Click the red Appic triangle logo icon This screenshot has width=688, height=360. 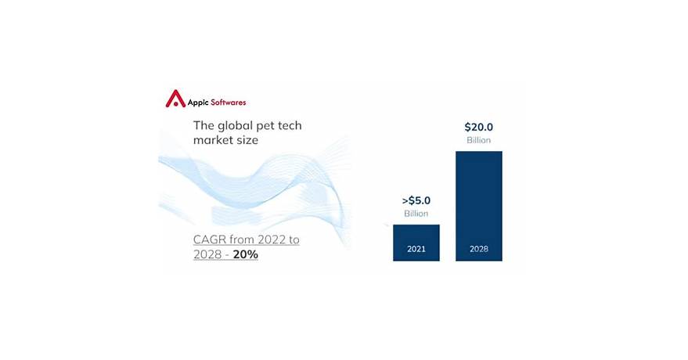(x=175, y=99)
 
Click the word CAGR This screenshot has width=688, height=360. (x=211, y=239)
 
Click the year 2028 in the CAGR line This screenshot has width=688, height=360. (x=209, y=255)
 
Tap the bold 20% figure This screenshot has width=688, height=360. (x=245, y=255)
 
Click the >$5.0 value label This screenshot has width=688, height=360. (x=416, y=200)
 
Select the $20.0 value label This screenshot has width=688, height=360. (x=478, y=127)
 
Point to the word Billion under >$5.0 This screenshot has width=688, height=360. (x=416, y=214)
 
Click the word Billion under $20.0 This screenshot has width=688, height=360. (x=478, y=140)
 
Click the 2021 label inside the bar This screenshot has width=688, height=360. (x=416, y=250)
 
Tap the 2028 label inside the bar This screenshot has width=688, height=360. (x=478, y=250)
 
